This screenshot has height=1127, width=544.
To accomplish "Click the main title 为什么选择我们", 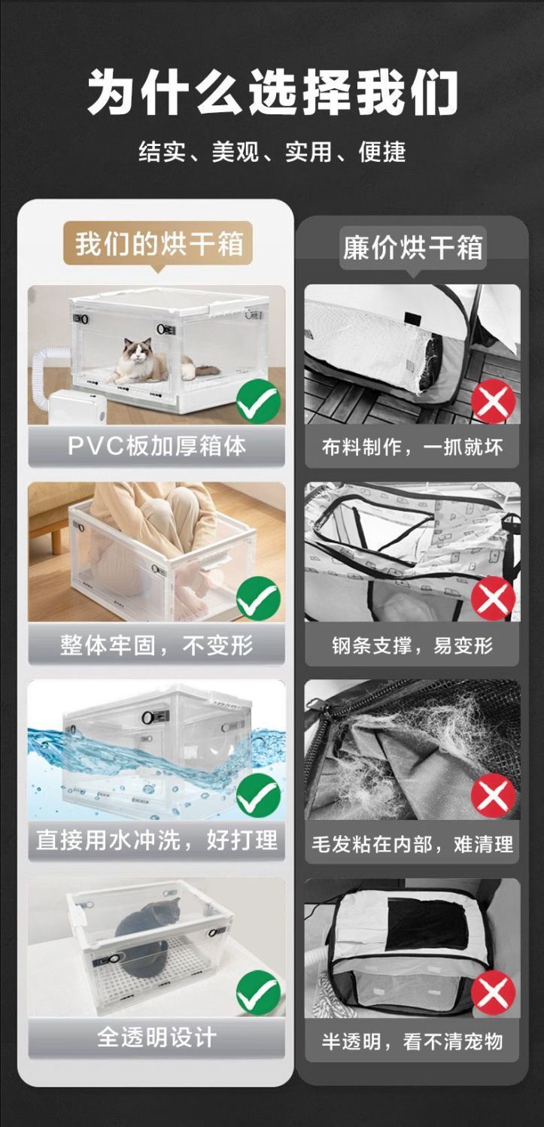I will [x=272, y=93].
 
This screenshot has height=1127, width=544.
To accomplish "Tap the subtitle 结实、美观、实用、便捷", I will [x=272, y=152].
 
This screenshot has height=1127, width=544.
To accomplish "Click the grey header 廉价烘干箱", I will [x=412, y=248].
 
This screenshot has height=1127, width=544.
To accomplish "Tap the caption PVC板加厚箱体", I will [x=157, y=445].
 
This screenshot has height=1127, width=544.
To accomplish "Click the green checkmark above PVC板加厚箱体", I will [x=258, y=402].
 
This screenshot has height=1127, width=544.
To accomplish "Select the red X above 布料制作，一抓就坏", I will [x=493, y=402].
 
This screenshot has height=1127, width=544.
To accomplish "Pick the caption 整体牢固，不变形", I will [x=157, y=645].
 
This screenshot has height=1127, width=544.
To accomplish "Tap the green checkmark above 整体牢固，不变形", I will [x=258, y=599].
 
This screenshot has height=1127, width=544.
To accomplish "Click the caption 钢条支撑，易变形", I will [x=412, y=646].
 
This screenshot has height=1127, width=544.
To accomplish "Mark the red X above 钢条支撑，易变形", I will [x=493, y=600].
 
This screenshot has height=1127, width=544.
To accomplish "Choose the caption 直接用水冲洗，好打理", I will [x=157, y=840].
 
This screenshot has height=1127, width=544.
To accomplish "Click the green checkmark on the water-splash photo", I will [x=258, y=796].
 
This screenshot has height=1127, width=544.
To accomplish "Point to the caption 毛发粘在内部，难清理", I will [x=412, y=843].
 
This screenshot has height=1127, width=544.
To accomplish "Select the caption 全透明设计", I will [x=157, y=1037].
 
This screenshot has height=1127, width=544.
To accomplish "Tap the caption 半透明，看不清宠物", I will [x=412, y=1041].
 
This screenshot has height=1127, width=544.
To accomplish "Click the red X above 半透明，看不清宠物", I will [x=493, y=994].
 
